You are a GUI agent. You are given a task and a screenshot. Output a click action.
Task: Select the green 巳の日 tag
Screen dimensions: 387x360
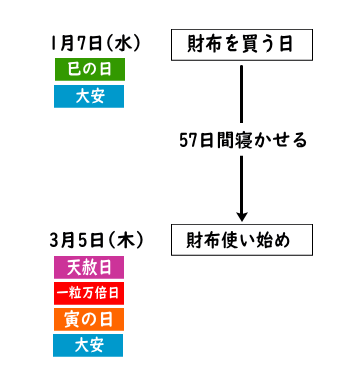pyautogui.click(x=89, y=70)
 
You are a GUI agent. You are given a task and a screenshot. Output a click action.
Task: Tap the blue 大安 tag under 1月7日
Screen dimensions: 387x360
pyautogui.click(x=89, y=96)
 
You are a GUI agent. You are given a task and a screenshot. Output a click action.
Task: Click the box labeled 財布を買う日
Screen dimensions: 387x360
pyautogui.click(x=241, y=44)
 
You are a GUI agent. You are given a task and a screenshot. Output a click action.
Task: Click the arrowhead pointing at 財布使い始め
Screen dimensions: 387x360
pyautogui.click(x=241, y=215)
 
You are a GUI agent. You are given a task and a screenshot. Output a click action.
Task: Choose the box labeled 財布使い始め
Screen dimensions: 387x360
pyautogui.click(x=241, y=240)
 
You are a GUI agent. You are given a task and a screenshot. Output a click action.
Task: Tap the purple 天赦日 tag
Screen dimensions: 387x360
pyautogui.click(x=89, y=267)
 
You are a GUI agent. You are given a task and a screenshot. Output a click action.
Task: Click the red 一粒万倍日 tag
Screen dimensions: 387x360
pyautogui.click(x=89, y=293)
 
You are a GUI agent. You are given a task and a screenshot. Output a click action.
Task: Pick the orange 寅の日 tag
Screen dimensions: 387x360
pyautogui.click(x=89, y=319)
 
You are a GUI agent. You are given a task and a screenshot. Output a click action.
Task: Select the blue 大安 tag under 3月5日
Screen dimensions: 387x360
pyautogui.click(x=89, y=345)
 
